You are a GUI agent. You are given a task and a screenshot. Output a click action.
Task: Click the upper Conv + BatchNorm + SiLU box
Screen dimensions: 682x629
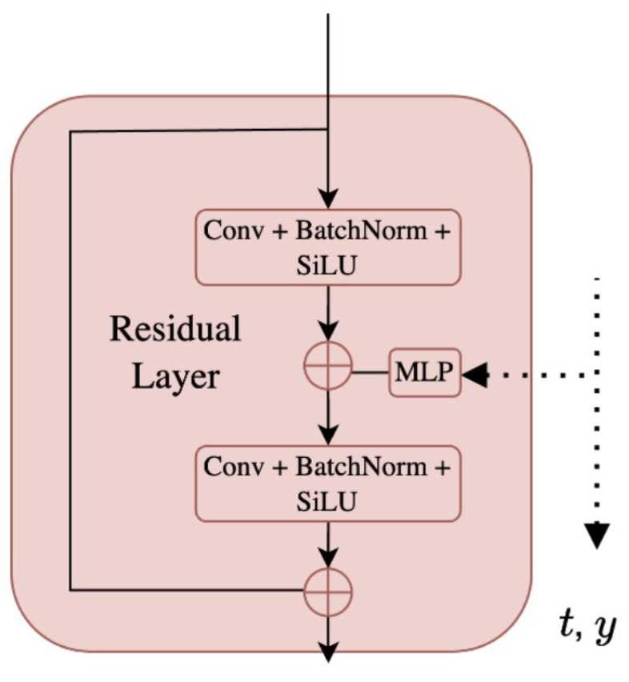pos(328,247)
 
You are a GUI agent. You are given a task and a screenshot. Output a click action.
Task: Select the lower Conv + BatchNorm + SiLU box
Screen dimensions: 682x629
pos(328,483)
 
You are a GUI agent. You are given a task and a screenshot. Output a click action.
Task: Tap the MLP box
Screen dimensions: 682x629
pos(425,373)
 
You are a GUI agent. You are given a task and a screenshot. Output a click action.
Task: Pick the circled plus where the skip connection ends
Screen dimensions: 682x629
pos(328,593)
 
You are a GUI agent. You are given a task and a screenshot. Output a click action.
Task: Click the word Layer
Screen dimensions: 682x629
pos(175,376)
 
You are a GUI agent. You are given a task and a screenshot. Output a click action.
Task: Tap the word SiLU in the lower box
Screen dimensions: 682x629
pos(328,502)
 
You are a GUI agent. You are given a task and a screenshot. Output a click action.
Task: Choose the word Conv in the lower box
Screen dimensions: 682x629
pos(233,467)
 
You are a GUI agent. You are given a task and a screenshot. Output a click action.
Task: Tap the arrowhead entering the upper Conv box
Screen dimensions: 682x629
pos(328,200)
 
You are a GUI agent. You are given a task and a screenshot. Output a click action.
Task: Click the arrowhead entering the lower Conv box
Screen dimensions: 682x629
pos(328,435)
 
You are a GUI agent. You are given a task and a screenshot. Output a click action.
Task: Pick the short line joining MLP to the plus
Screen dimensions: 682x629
pos(371,373)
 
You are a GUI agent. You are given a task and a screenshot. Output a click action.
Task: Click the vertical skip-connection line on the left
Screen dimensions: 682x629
pos(71,360)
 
